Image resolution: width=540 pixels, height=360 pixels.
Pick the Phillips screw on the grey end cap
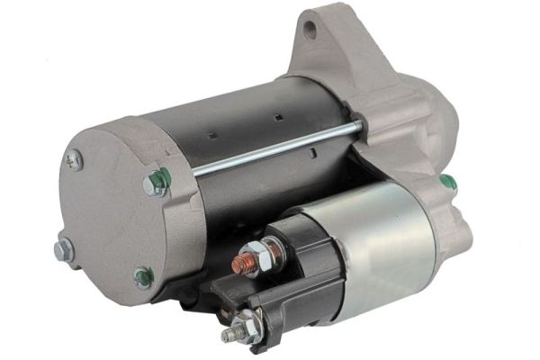click(x=74, y=159)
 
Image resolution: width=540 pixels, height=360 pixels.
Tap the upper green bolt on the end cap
click(x=156, y=184)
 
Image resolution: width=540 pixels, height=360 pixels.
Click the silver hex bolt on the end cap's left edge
click(x=63, y=249)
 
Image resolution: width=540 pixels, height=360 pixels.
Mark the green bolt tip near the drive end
click(x=447, y=183)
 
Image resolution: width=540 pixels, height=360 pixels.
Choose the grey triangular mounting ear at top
click(x=328, y=45)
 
